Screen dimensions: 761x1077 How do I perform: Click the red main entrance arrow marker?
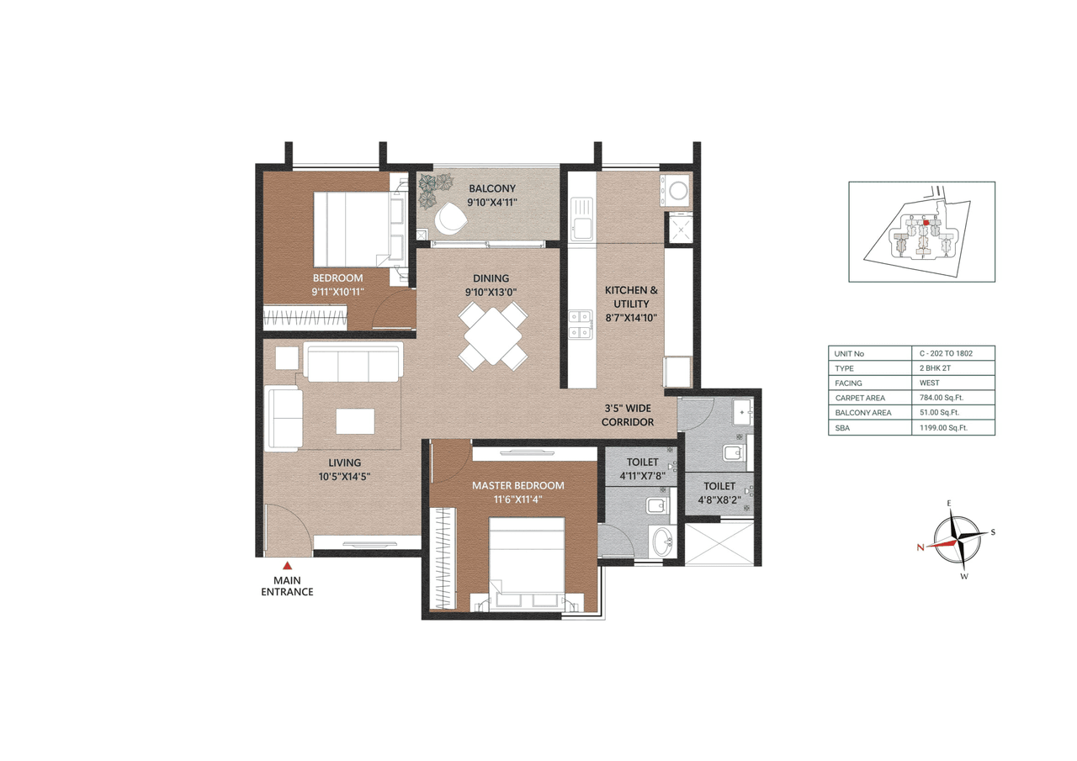click(x=287, y=566)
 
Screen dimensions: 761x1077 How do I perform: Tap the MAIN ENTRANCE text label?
click(x=287, y=586)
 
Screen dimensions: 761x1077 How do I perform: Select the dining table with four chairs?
click(x=493, y=336)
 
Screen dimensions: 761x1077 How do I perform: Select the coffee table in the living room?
click(x=354, y=420)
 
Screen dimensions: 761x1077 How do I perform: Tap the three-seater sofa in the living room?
click(x=353, y=363)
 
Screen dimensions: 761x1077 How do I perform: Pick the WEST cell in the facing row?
click(x=930, y=383)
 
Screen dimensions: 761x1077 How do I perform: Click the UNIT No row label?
click(x=849, y=353)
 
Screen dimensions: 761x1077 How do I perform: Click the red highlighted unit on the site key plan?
click(x=926, y=224)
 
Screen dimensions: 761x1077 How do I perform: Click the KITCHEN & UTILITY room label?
click(x=631, y=297)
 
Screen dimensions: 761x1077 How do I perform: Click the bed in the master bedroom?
click(x=527, y=559)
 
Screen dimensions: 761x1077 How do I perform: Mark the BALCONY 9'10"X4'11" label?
click(x=492, y=195)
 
